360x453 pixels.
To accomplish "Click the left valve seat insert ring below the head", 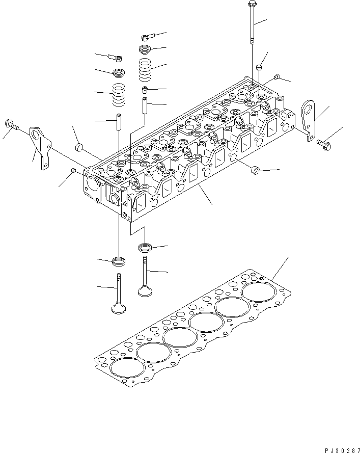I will click(x=119, y=262).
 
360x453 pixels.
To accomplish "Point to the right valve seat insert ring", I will click(x=145, y=248).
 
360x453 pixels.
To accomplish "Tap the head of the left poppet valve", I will click(x=119, y=309).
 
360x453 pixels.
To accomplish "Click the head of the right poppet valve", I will click(x=146, y=292).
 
